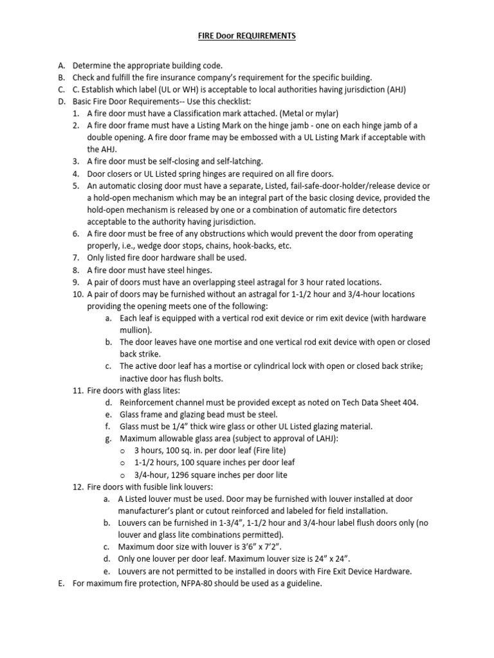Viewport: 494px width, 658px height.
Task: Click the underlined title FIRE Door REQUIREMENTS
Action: (x=246, y=36)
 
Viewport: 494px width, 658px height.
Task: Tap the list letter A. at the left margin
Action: (x=62, y=66)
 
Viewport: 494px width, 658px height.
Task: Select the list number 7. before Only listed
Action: (x=77, y=258)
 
